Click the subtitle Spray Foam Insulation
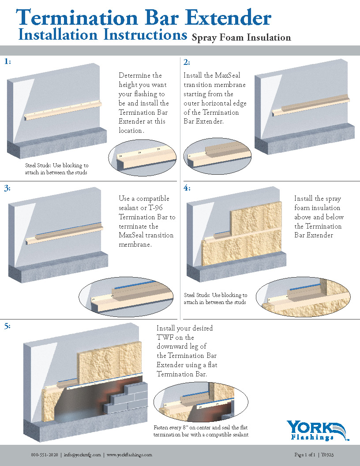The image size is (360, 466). pyautogui.click(x=241, y=38)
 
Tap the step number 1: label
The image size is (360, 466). pyautogui.click(x=7, y=62)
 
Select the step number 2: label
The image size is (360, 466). pyautogui.click(x=187, y=62)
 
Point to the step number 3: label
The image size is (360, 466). pyautogui.click(x=7, y=188)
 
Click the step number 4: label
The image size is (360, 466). pyautogui.click(x=187, y=188)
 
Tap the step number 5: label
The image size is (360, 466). pyautogui.click(x=7, y=326)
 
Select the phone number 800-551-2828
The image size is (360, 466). pyautogui.click(x=45, y=455)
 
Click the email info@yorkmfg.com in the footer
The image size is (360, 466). pyautogui.click(x=82, y=455)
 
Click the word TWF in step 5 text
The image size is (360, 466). pyautogui.click(x=165, y=338)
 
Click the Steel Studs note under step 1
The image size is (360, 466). pyautogui.click(x=56, y=169)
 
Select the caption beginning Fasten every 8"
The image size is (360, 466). pyautogui.click(x=201, y=431)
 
